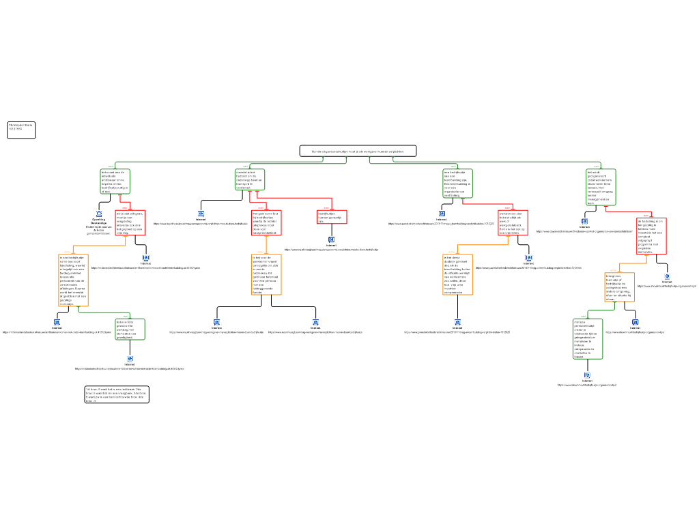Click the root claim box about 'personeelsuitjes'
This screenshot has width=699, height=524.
(358, 151)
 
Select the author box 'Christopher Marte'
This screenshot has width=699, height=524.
(21, 130)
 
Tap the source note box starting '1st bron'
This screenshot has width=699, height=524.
(117, 394)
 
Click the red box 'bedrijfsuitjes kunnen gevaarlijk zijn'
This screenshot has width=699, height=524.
(332, 217)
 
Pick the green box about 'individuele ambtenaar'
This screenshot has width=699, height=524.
(115, 181)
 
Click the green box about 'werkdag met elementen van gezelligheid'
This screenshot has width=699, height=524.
(130, 329)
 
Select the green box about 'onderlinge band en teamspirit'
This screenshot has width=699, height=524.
(250, 179)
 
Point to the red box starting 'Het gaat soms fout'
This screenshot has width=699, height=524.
(266, 222)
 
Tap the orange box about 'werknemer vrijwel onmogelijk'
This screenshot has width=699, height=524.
(266, 274)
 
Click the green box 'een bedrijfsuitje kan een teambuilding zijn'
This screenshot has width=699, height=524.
(458, 183)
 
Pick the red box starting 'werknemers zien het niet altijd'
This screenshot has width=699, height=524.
(513, 222)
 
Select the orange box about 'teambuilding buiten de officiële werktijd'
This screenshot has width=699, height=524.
(457, 274)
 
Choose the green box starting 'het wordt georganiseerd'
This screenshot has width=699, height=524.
(601, 187)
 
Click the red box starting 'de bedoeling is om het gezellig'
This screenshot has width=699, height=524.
(651, 236)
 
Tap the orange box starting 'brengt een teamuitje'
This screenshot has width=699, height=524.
(619, 287)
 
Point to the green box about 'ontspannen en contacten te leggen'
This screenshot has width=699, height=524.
(587, 338)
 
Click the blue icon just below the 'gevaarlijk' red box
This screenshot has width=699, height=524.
(332, 240)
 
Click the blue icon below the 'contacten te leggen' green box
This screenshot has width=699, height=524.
(587, 375)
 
